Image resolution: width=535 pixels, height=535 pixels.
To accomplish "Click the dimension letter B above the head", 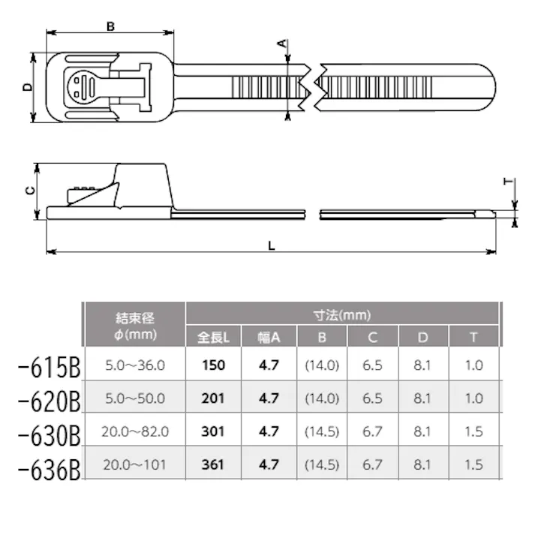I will pos(110,26).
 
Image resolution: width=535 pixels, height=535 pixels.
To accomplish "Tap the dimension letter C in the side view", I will pos(29,191).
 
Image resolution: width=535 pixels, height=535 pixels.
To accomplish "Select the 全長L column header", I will pos(213,337).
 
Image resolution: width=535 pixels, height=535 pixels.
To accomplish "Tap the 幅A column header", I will pos(268,337).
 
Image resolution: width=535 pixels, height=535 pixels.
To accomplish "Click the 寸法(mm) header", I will pos(341,315).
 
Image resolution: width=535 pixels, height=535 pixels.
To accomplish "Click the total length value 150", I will pos(213,366).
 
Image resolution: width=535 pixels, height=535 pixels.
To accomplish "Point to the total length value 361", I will pos(213,464).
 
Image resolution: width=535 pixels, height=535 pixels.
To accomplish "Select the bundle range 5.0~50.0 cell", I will pos(136,398).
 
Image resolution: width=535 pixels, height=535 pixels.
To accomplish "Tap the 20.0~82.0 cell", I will pos(136,431).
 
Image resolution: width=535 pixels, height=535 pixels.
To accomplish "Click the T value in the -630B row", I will pos(473,431).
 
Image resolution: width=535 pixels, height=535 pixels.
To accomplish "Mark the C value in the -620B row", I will pos(373,398).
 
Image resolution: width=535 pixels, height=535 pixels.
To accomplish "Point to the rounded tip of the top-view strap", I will pos(488,89).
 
